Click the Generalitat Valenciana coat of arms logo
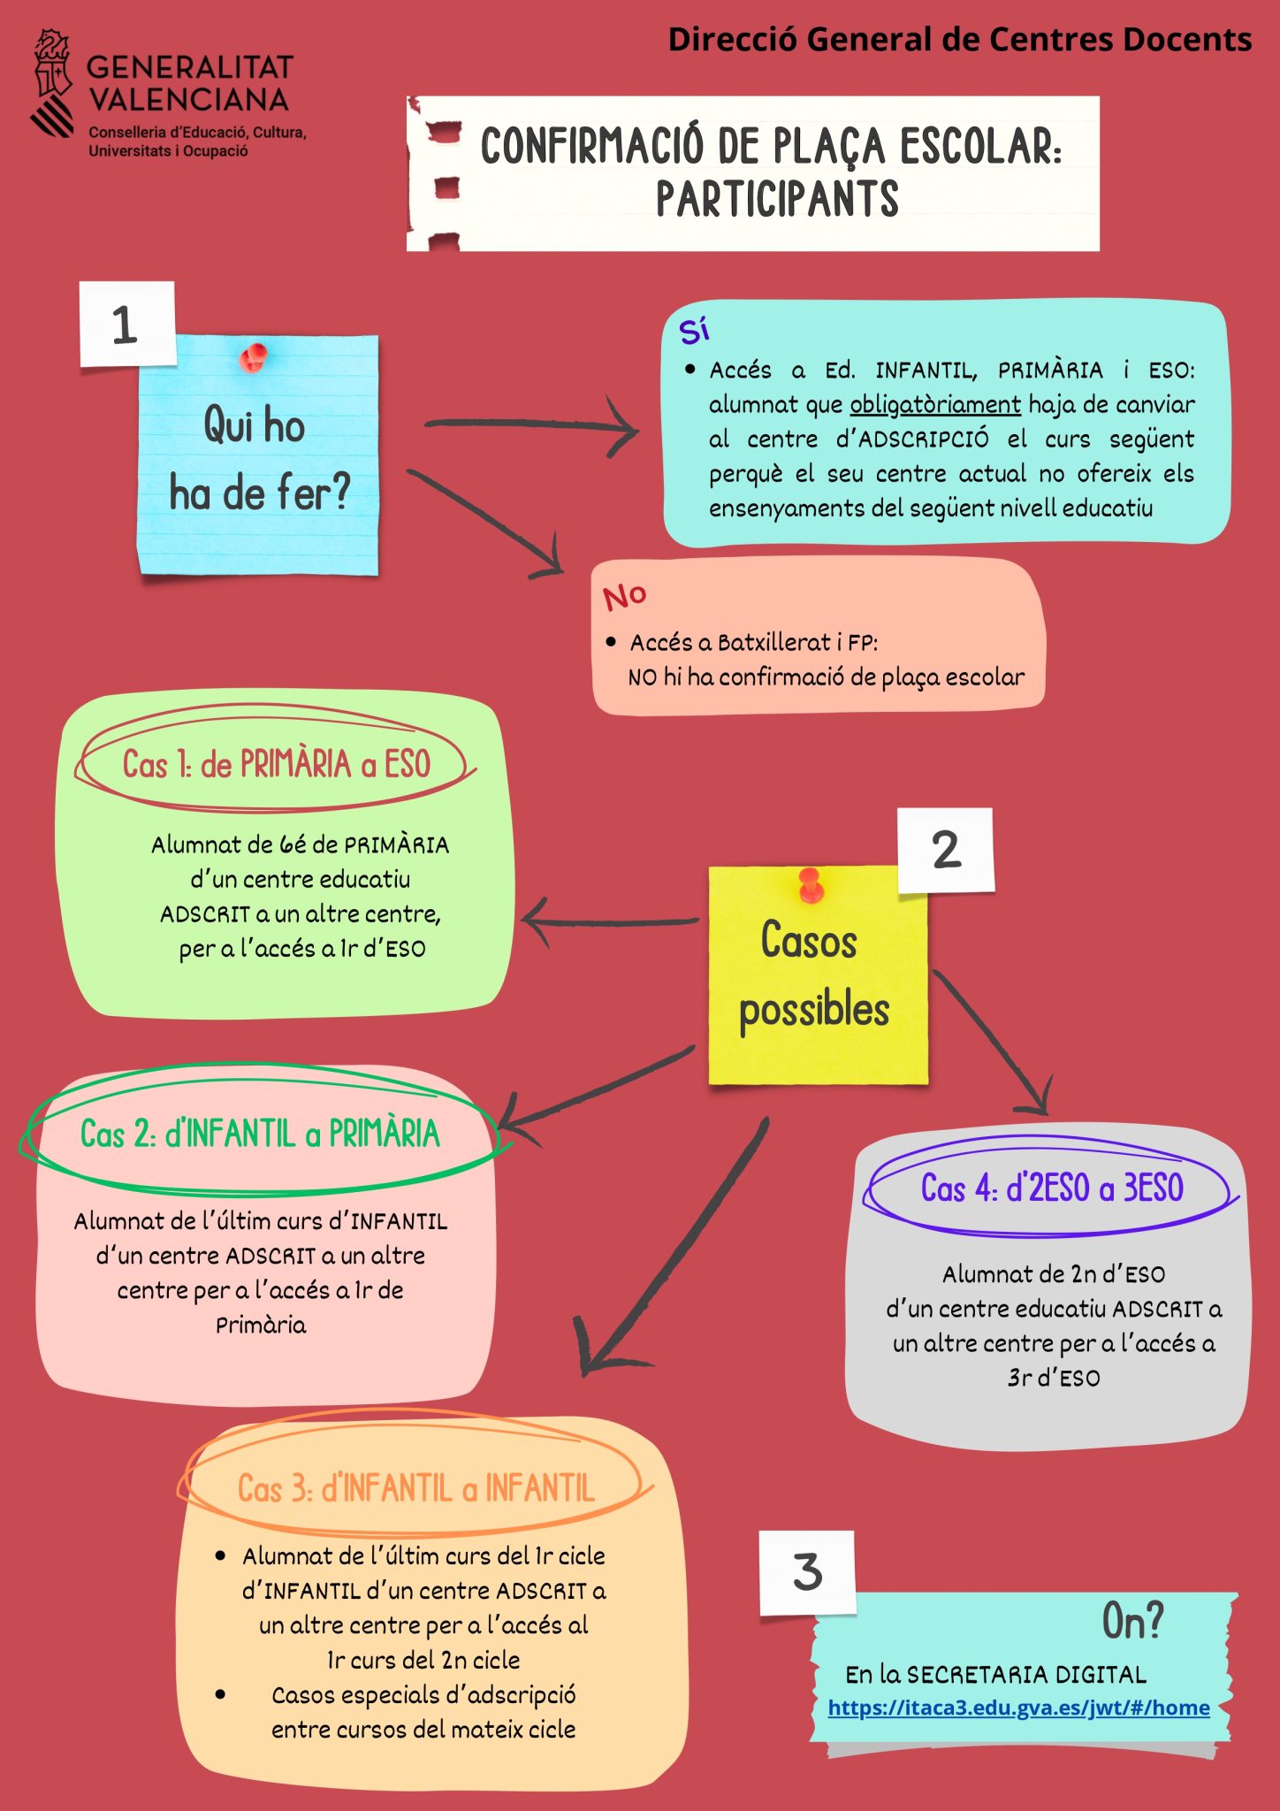tap(53, 83)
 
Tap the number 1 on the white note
tap(126, 325)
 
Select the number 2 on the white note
tap(946, 850)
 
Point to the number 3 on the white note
tap(807, 1572)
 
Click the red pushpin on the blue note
tap(254, 357)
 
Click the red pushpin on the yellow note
tap(811, 884)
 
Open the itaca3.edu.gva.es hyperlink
tap(1018, 1708)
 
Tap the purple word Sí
tap(694, 330)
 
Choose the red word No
tap(624, 596)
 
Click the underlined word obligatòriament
tap(934, 405)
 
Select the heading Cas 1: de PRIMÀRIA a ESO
tap(276, 765)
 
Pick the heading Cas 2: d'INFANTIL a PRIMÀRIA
tap(260, 1134)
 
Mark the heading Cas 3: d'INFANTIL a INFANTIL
tap(415, 1489)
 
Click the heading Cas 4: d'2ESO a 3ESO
tap(1052, 1188)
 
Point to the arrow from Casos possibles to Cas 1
tap(610, 921)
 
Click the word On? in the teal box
tap(1132, 1621)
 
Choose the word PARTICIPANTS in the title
tap(776, 199)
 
